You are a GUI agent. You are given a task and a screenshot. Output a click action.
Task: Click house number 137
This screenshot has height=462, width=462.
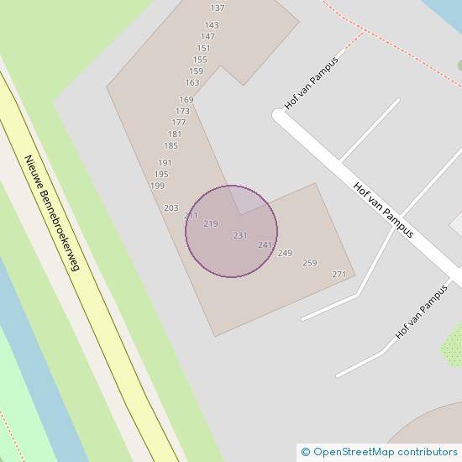(x=218, y=8)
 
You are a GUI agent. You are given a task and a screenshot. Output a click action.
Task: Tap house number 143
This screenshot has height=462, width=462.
(x=211, y=25)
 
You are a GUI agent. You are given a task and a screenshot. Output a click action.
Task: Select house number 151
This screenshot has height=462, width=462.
(x=203, y=48)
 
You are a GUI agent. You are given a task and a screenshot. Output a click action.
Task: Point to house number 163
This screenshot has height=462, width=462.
(x=192, y=82)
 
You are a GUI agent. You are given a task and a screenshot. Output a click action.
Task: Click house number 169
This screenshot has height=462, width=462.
(x=186, y=100)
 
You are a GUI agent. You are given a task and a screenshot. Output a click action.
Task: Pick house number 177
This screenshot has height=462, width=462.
(x=179, y=123)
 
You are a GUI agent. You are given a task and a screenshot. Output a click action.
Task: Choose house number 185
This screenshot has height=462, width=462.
(x=171, y=145)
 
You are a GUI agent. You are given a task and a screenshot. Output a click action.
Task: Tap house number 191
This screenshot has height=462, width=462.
(x=165, y=163)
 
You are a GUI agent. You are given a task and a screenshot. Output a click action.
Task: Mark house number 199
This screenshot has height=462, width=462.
(x=157, y=186)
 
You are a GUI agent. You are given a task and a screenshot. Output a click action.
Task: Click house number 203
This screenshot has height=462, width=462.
(x=171, y=207)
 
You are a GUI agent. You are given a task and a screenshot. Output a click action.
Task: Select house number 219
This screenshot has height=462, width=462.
(x=211, y=223)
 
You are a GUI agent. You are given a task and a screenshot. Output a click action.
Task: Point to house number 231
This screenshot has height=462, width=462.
(x=240, y=235)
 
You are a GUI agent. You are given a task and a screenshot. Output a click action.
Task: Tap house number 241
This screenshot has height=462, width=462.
(x=265, y=244)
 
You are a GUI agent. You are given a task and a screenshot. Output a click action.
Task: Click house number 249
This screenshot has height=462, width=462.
(x=285, y=253)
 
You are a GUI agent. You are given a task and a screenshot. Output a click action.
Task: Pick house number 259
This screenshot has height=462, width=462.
(x=309, y=263)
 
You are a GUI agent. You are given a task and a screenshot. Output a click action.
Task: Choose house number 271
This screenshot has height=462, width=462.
(x=339, y=275)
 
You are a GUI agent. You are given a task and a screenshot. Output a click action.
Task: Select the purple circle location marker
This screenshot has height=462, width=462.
(x=231, y=231)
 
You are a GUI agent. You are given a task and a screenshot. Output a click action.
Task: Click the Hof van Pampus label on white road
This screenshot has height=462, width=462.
(x=384, y=210)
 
